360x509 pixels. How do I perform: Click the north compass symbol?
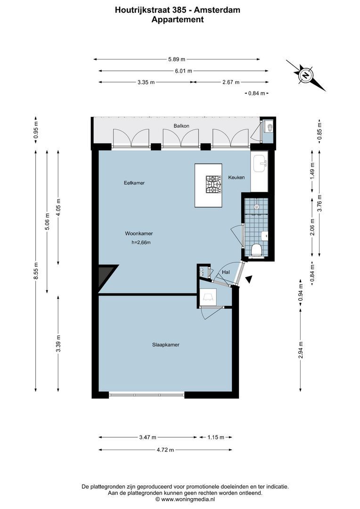(306, 75)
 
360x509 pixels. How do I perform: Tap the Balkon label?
(181, 126)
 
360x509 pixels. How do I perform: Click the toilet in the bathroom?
(257, 250)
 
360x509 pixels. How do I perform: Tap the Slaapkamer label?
(165, 345)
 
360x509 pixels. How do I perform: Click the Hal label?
(226, 272)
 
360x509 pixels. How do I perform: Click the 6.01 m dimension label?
(183, 71)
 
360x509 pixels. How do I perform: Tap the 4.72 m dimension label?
(165, 450)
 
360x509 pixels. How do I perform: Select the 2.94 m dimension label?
(301, 350)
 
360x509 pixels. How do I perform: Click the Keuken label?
(236, 178)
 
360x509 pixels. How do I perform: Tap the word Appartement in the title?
(178, 20)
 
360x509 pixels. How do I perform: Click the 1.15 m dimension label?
(216, 437)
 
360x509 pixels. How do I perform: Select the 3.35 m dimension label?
(146, 82)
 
